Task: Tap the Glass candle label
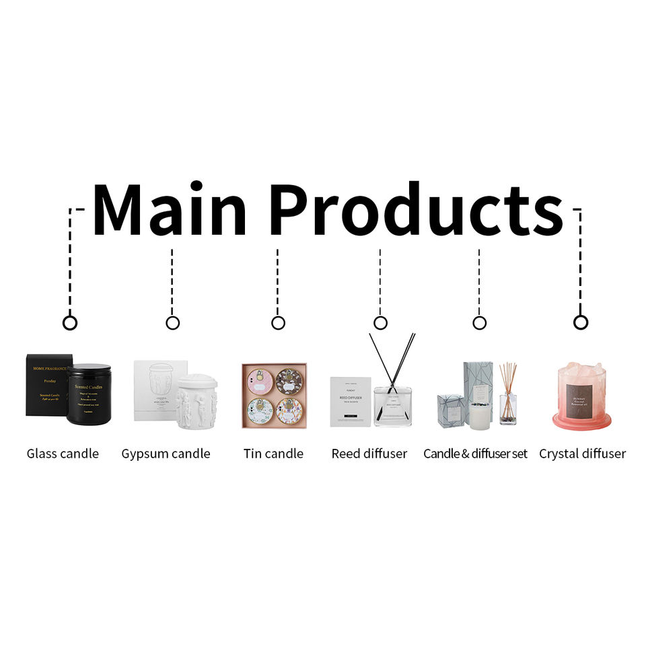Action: [x=63, y=454]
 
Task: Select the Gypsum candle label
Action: [x=166, y=454]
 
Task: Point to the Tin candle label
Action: [x=273, y=454]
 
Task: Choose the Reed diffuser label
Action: [x=369, y=454]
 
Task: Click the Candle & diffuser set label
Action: [x=475, y=454]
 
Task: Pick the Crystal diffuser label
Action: [x=582, y=454]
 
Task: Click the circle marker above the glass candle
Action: [x=70, y=323]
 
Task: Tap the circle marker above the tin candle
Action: [x=278, y=323]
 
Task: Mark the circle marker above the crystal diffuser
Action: [x=581, y=323]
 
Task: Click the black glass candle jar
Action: [x=89, y=394]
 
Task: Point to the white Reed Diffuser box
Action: [x=350, y=401]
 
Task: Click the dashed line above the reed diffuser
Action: [x=380, y=276]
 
